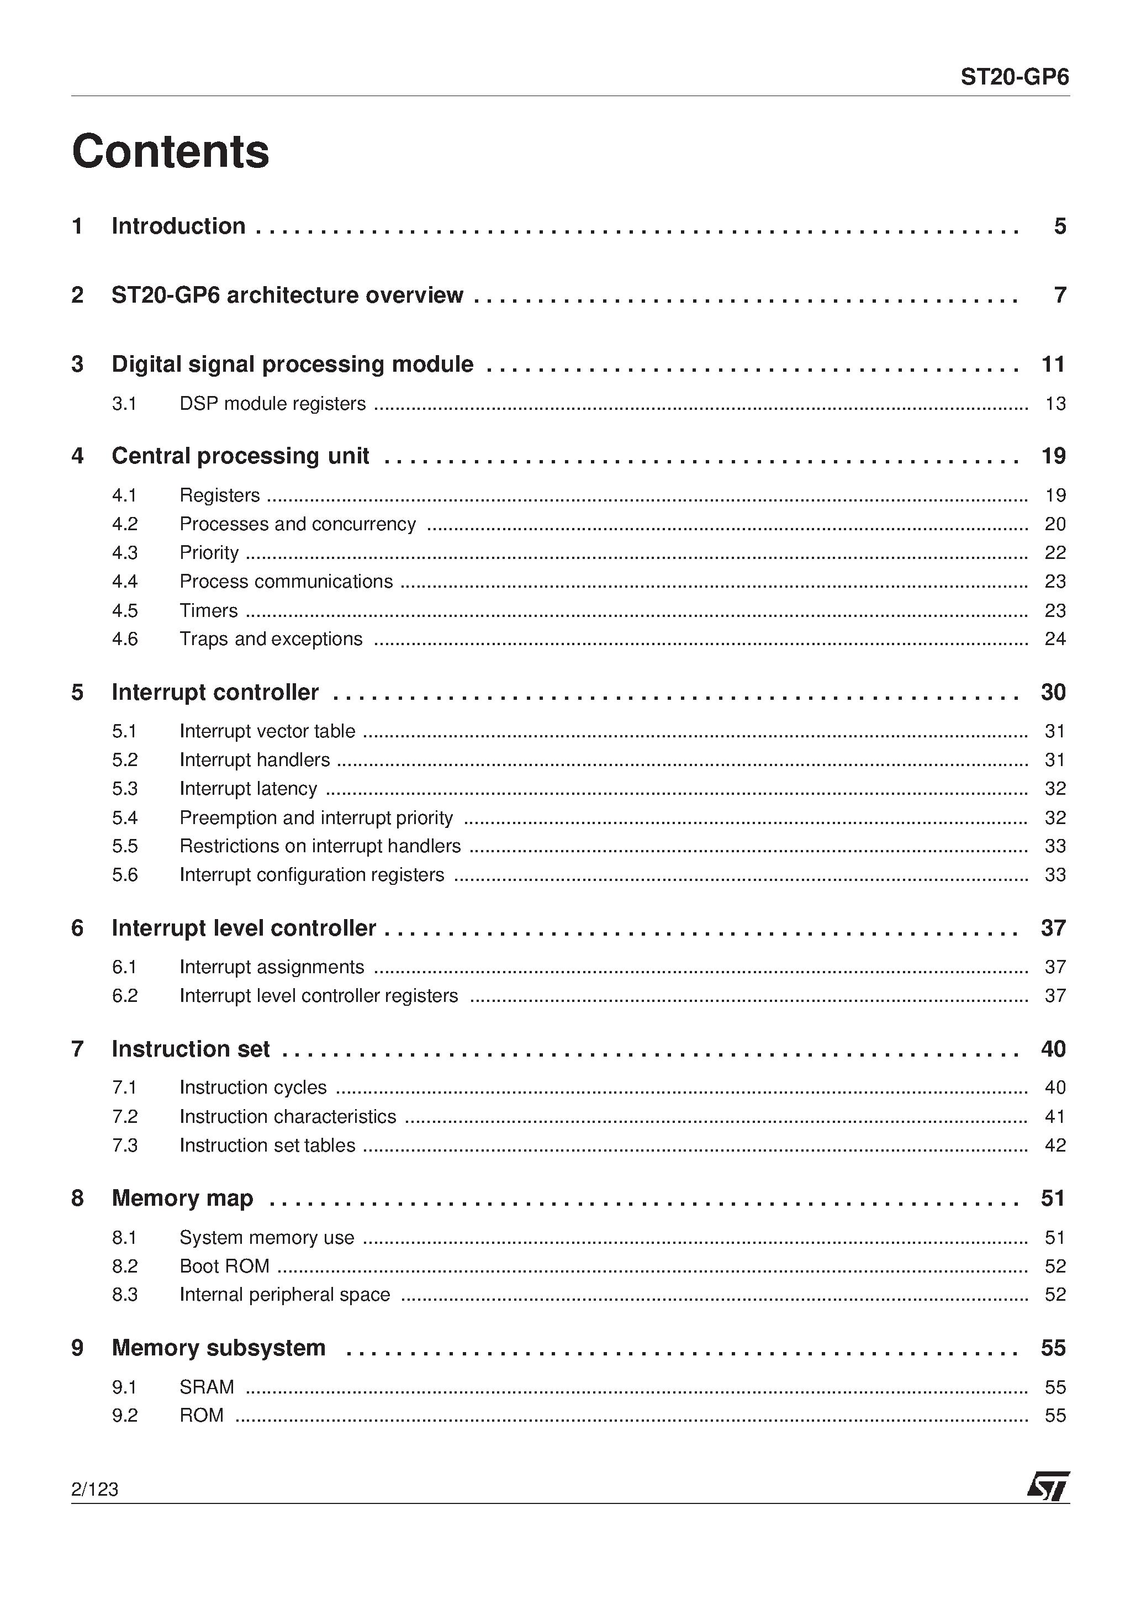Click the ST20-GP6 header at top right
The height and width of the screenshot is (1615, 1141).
[1015, 77]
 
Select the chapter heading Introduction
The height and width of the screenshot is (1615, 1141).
[179, 226]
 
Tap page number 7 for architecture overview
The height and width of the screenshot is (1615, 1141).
[1059, 295]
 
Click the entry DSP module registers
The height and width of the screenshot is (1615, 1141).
[272, 404]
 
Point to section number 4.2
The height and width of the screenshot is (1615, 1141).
[124, 524]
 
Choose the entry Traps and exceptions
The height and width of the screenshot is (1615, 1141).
[271, 638]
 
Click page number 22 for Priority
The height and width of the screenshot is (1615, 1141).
[1054, 553]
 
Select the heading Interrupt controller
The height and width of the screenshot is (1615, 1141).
[215, 692]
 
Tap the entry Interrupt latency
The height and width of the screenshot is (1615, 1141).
[249, 789]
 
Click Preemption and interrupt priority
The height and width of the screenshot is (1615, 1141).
[316, 817]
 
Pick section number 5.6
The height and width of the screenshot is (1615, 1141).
[124, 875]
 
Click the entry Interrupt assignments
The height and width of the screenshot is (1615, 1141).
[272, 967]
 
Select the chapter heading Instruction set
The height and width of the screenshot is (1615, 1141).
[191, 1049]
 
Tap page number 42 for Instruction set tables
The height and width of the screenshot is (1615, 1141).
[1054, 1145]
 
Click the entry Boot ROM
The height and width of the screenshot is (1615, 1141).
[224, 1266]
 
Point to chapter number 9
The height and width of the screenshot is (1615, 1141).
[77, 1348]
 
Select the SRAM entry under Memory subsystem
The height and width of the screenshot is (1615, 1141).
[207, 1387]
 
